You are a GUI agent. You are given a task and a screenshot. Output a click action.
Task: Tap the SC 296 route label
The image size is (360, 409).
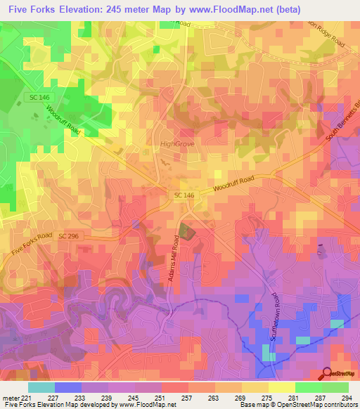tap(69, 237)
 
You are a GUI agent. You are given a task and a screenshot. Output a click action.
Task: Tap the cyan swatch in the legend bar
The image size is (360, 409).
tap(41, 387)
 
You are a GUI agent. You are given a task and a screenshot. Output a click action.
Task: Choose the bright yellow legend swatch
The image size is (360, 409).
tap(281, 387)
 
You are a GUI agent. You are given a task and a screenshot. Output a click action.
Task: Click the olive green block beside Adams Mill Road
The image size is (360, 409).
tap(185, 231)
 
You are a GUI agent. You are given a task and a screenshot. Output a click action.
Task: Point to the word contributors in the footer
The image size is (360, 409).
tap(340, 405)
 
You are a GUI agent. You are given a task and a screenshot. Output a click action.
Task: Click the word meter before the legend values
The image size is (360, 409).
tap(9, 398)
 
